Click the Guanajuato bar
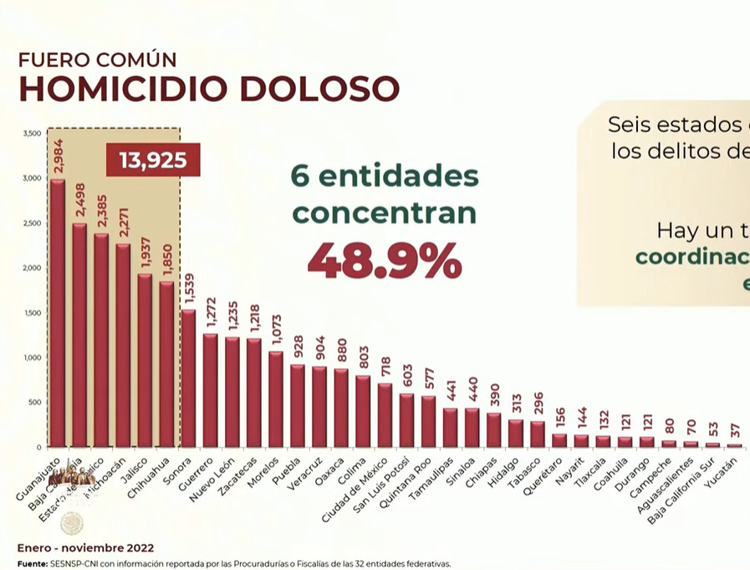[58, 314]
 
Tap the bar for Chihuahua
[166, 364]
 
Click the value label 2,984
[58, 157]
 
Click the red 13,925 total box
[153, 159]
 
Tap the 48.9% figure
[385, 260]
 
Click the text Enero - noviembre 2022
[85, 548]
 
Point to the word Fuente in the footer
[32, 563]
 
